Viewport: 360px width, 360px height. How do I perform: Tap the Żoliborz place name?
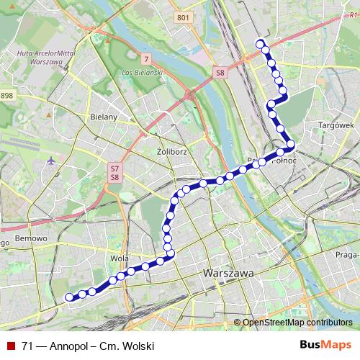click(171, 152)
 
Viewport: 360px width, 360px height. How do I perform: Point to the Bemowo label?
click(30, 238)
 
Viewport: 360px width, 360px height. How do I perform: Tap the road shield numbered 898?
click(6, 95)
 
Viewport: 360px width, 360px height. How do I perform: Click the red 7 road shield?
click(146, 58)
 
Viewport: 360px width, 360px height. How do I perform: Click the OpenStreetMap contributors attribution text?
click(297, 322)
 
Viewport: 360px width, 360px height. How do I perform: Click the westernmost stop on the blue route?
click(70, 297)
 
